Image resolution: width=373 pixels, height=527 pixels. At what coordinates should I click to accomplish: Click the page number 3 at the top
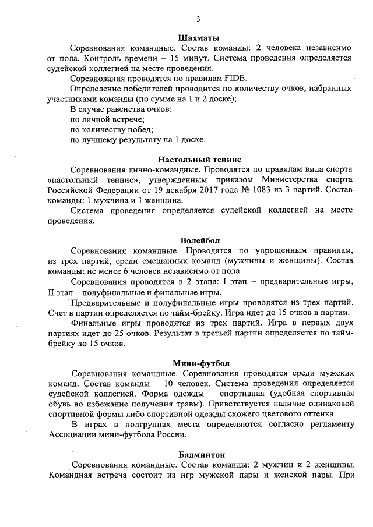pyautogui.click(x=198, y=19)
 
